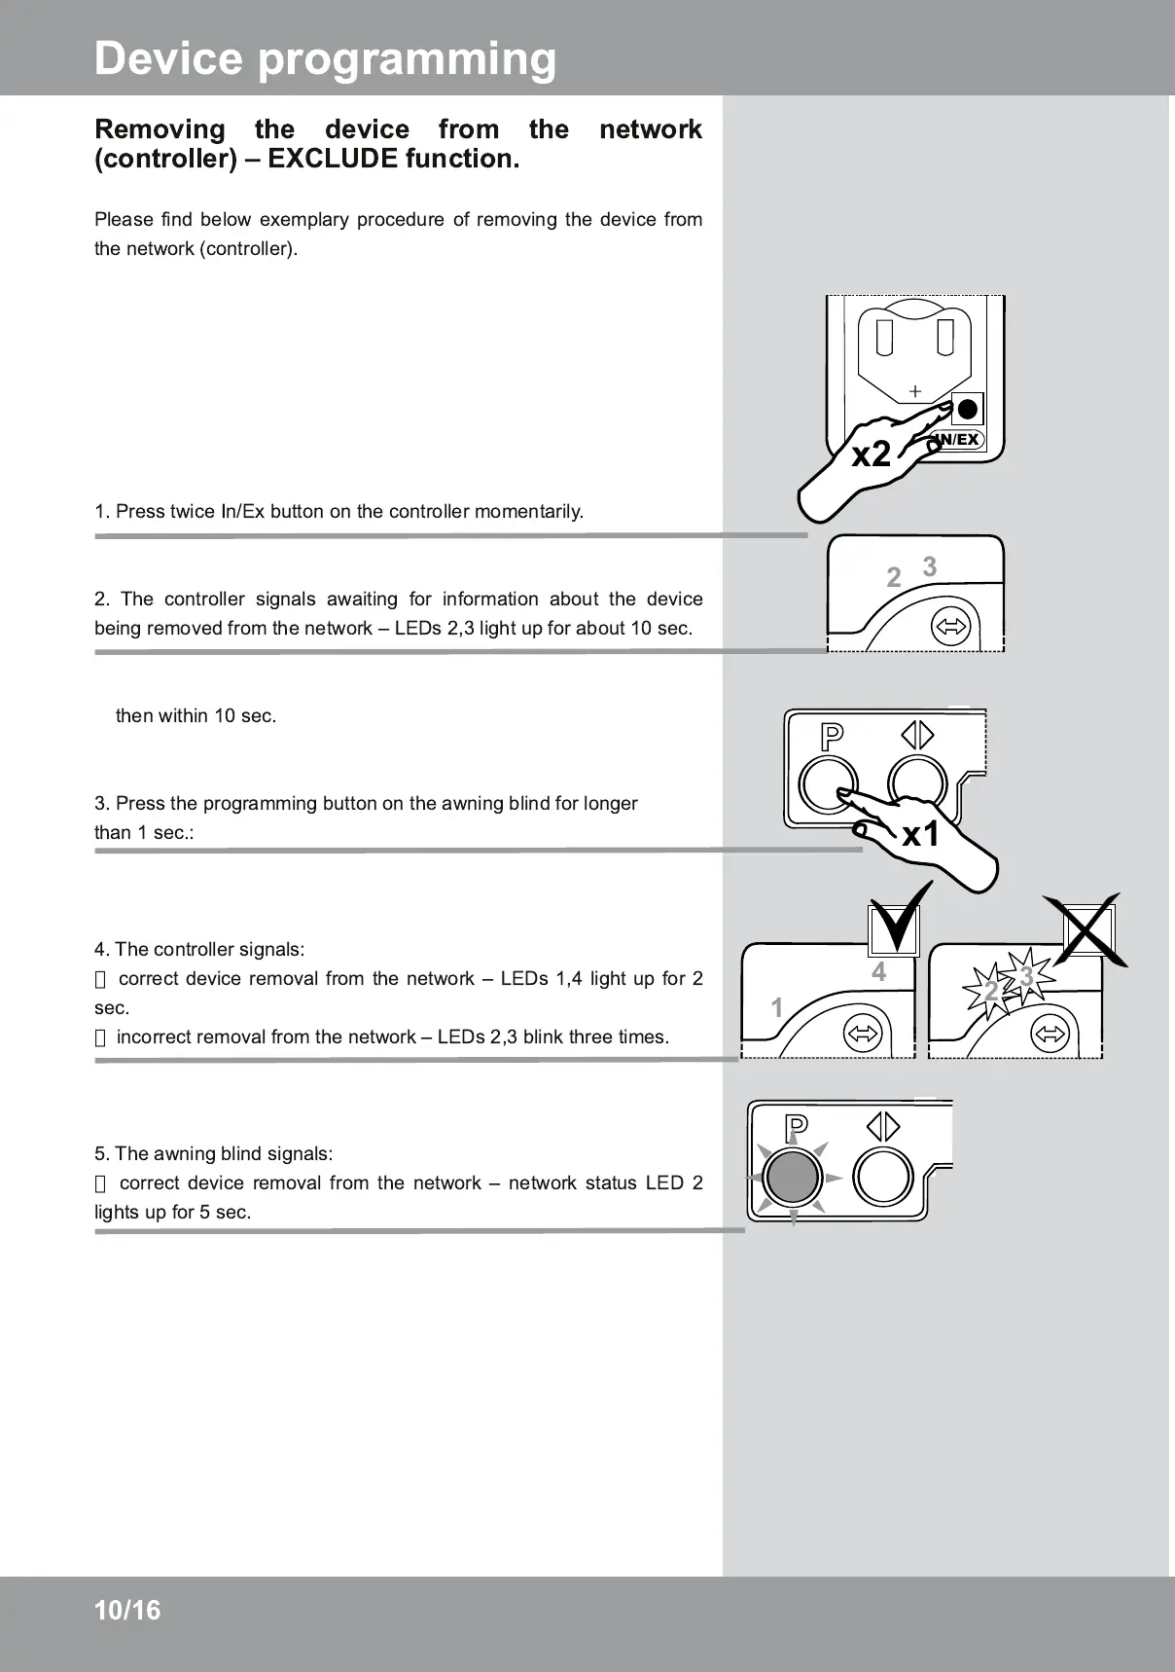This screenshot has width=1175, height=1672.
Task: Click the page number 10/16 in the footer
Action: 127,1611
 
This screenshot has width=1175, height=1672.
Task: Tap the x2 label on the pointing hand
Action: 871,454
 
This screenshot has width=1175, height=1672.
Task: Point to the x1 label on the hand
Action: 920,834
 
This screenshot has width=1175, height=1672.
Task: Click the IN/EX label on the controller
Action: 958,440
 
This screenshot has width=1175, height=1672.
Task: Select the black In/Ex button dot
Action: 968,409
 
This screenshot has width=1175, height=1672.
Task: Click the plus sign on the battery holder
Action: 914,391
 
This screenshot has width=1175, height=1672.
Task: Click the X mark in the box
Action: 1088,929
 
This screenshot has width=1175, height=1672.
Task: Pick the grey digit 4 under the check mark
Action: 879,972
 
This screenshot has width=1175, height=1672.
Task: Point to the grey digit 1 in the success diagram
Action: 777,1007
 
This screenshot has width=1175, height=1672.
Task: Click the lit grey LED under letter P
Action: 793,1178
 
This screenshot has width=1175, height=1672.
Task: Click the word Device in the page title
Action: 168,58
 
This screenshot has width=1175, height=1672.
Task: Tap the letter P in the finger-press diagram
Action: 832,737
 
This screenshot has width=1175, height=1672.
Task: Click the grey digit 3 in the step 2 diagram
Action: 930,566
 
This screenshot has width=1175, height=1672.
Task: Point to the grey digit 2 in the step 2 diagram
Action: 894,578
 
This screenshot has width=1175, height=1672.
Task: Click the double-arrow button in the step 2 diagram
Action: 950,628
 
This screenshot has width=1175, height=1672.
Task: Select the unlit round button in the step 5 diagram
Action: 882,1177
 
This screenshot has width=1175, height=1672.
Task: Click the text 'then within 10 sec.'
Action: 196,716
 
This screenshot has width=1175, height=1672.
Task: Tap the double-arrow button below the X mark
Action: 1049,1033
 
